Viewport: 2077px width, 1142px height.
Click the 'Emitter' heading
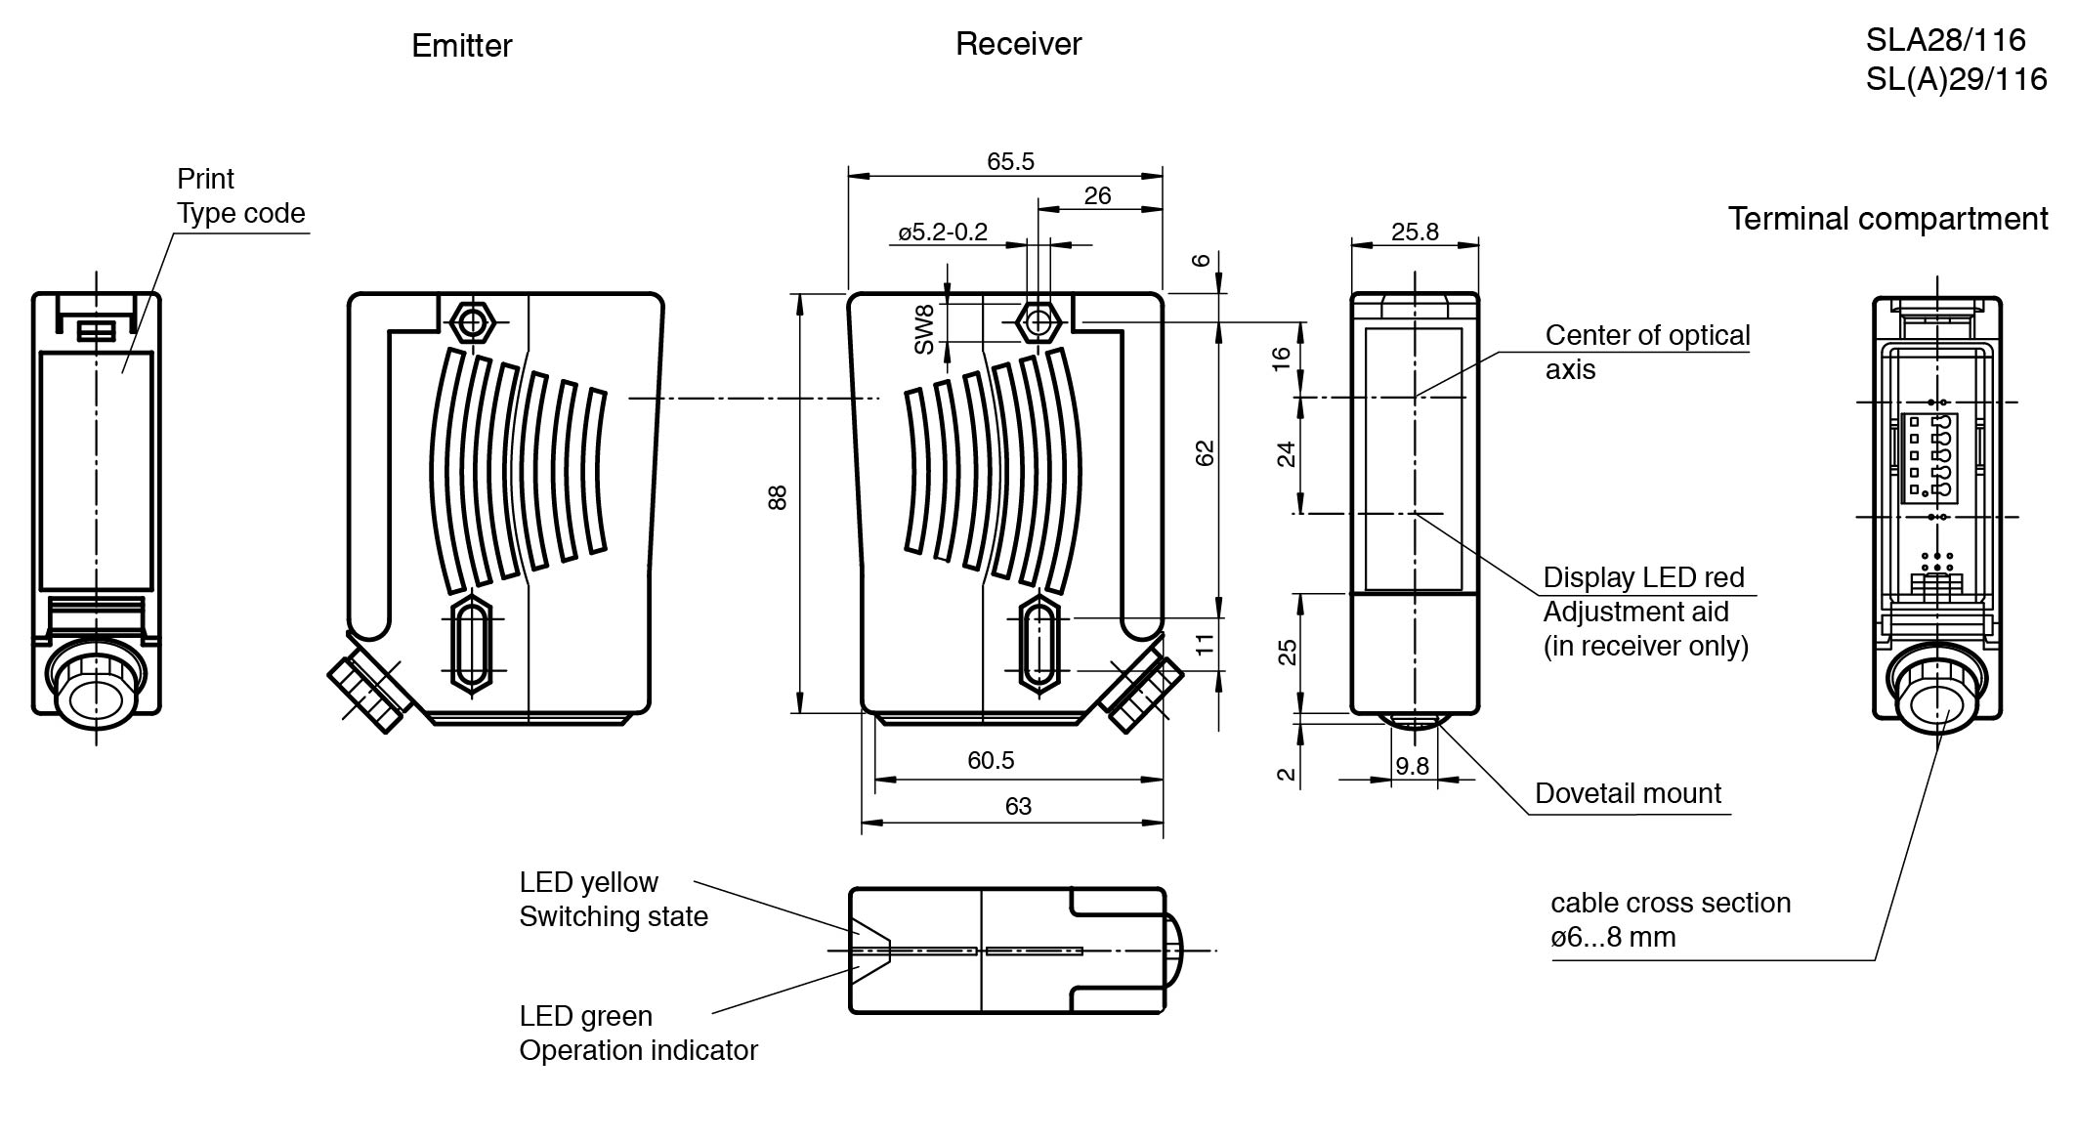click(461, 46)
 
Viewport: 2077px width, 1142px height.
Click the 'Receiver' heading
click(1018, 44)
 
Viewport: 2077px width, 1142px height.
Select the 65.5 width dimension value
click(1010, 161)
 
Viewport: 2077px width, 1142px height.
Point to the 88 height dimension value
click(778, 497)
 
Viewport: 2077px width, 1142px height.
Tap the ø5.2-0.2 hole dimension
click(943, 233)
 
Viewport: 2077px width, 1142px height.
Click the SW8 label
click(924, 328)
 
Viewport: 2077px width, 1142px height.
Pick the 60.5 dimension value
click(991, 760)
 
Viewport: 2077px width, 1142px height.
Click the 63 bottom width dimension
click(1018, 806)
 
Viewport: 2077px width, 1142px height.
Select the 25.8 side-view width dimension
click(1415, 232)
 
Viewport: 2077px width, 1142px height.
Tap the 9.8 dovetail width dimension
click(1412, 766)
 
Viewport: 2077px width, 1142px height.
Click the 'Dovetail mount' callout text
click(1628, 793)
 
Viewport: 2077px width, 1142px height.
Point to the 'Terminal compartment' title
click(1887, 219)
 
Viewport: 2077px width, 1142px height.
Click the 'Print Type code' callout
click(240, 196)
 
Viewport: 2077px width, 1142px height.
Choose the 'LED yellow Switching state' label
click(613, 900)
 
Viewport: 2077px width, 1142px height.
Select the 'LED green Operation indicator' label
click(637, 1034)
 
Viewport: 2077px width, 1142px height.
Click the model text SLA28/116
click(1945, 40)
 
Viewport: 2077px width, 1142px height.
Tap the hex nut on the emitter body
click(473, 321)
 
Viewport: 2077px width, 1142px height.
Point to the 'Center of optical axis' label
click(1647, 352)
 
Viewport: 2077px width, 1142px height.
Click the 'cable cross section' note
click(1670, 919)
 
